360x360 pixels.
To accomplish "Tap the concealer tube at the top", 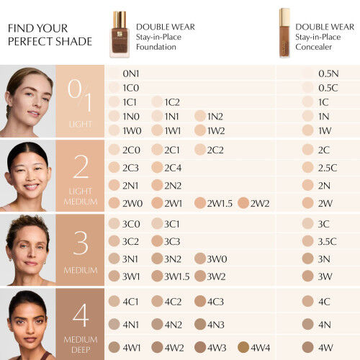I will (x=285, y=32).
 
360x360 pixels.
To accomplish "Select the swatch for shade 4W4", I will (x=243, y=347).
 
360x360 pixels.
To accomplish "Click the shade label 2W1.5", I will (x=220, y=203).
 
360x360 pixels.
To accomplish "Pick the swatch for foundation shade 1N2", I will (x=200, y=116).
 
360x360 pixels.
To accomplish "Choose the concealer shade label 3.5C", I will (x=328, y=241).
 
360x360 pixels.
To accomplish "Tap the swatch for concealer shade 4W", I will (x=307, y=347).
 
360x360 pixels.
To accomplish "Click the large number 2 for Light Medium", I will (x=81, y=166).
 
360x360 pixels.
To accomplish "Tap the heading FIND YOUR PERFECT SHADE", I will (x=49, y=34).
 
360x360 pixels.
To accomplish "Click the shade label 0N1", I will (x=131, y=73).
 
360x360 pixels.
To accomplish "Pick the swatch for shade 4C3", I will (x=199, y=301).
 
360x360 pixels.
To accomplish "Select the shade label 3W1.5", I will (x=176, y=276).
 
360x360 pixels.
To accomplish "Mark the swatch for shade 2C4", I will (x=157, y=167).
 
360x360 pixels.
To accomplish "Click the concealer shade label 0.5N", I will (x=328, y=73).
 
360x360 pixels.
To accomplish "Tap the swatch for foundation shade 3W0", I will (x=199, y=258).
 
